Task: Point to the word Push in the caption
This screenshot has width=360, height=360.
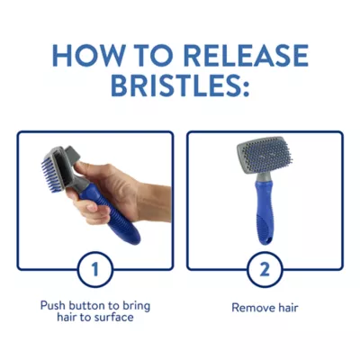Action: tap(53, 306)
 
